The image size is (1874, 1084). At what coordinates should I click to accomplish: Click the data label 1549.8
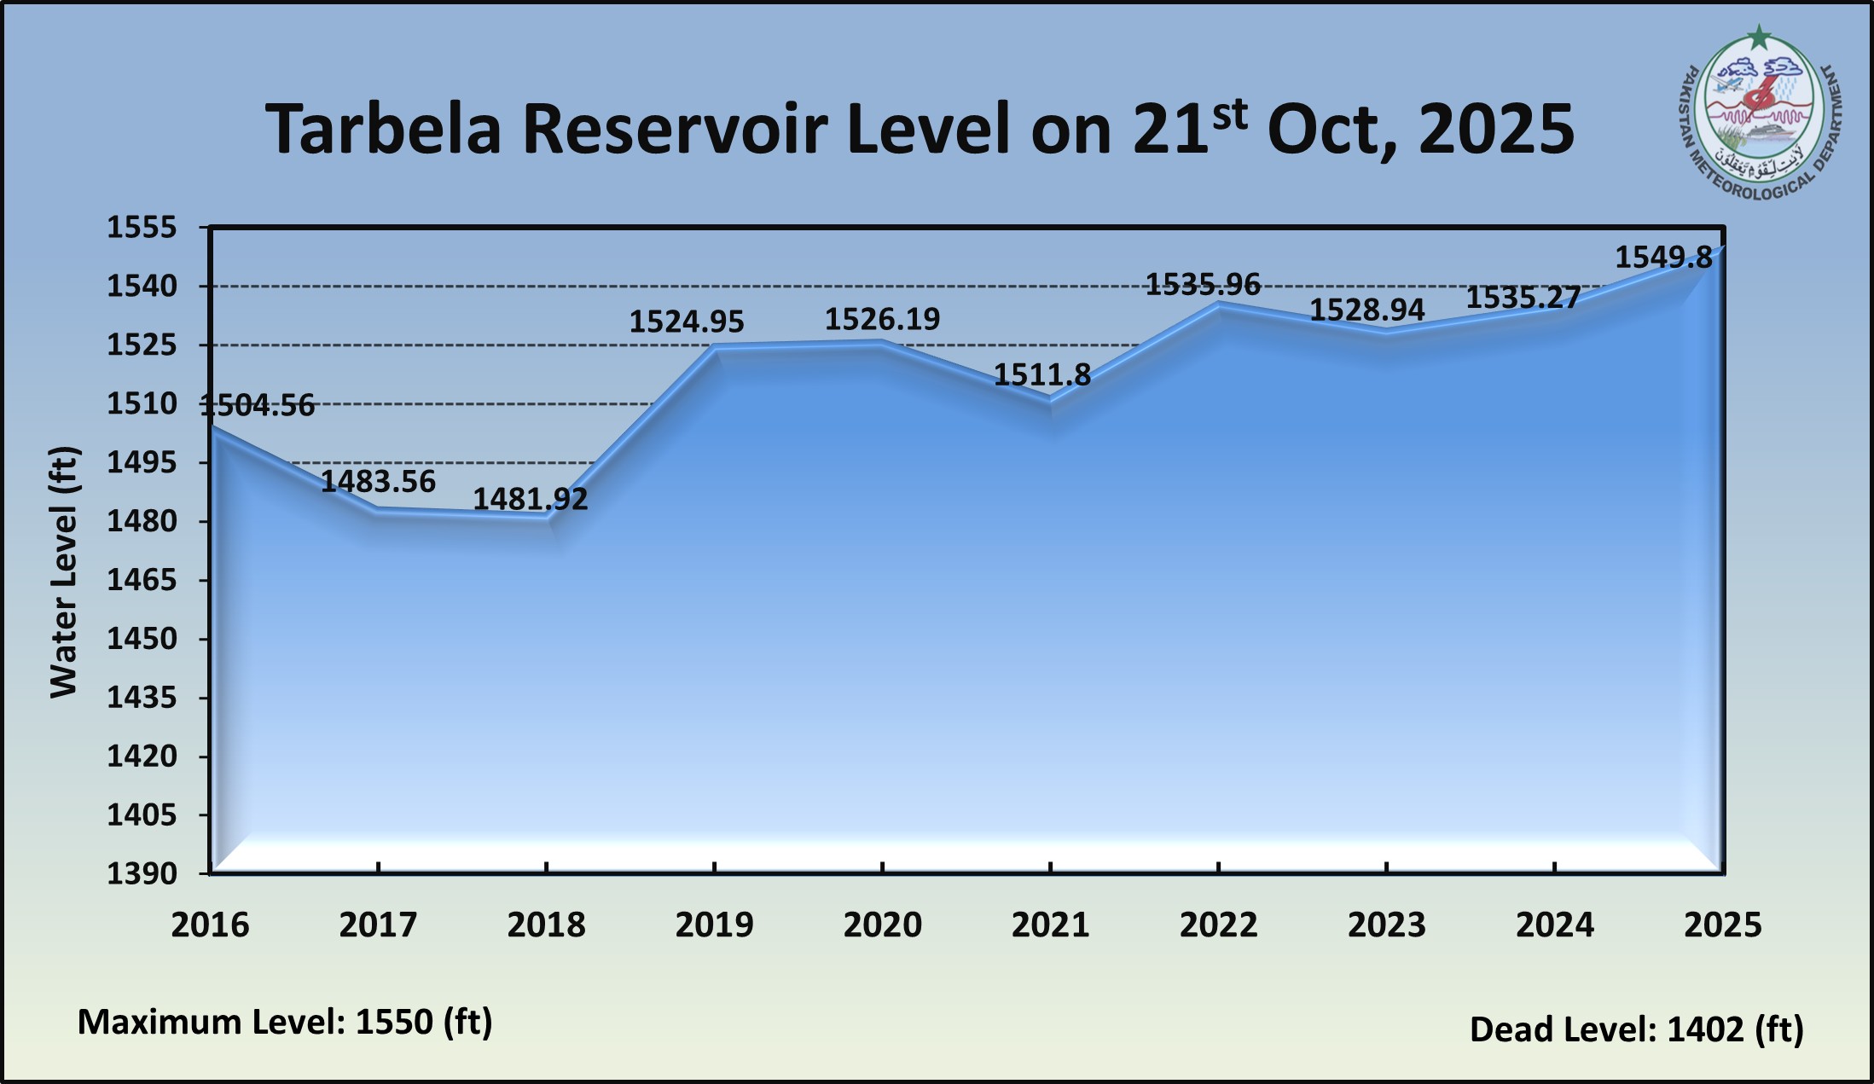coord(1663,258)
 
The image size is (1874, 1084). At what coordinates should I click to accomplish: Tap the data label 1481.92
coord(531,499)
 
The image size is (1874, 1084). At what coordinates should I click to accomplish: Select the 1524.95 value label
coord(687,322)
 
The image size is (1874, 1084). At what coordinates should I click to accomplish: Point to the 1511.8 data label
coord(1042,374)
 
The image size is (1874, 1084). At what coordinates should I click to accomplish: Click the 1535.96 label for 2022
coord(1203,284)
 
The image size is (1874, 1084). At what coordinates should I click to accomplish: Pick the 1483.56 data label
coord(378,482)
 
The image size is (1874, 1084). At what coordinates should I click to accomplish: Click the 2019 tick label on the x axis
coord(714,925)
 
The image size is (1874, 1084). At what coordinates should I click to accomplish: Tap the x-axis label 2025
coord(1722,925)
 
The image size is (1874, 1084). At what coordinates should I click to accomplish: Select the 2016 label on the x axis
coord(210,925)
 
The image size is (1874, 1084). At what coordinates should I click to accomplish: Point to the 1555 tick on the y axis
coord(142,228)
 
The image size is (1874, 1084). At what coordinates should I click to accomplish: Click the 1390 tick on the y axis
coord(142,873)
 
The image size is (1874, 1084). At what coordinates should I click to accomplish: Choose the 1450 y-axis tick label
coord(142,639)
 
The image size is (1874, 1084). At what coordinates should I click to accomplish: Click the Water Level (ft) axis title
coord(64,571)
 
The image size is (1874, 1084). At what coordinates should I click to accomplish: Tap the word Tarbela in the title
coord(383,130)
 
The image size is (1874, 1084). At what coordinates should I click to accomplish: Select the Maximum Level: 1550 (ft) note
coord(285,1022)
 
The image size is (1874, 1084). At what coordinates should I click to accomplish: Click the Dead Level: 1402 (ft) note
coord(1636,1029)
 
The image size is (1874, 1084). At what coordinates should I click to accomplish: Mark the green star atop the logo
coord(1759,38)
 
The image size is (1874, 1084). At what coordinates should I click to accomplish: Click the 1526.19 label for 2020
coord(882,319)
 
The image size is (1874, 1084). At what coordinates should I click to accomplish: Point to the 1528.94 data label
coord(1366,310)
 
